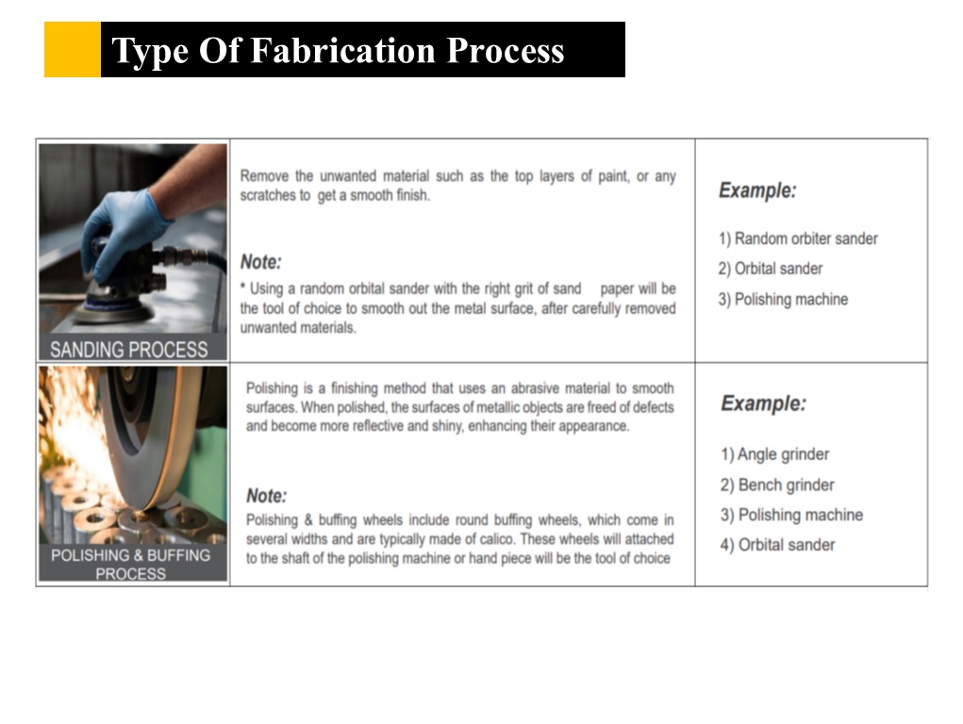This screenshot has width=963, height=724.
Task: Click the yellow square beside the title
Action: (73, 50)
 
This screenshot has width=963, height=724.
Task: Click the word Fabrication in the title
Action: (343, 50)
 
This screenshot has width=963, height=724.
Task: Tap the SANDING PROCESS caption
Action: (129, 350)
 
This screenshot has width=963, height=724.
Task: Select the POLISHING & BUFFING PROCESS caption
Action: (131, 564)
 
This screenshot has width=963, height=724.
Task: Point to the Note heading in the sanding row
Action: (260, 262)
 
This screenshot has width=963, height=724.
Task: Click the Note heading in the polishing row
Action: (267, 496)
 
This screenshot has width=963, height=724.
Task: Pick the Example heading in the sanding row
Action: (757, 190)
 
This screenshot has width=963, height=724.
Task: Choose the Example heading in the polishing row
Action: (763, 403)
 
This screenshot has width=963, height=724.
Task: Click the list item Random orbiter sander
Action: (798, 239)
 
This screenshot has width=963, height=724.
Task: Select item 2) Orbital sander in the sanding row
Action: (771, 269)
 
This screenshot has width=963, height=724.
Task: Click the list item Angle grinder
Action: (775, 454)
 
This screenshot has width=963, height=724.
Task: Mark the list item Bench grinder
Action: (777, 485)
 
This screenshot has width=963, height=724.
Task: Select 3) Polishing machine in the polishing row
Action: (791, 515)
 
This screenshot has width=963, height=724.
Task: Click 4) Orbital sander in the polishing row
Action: (777, 545)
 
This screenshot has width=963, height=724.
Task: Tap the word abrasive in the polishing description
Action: (535, 388)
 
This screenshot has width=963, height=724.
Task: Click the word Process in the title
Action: (506, 50)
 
